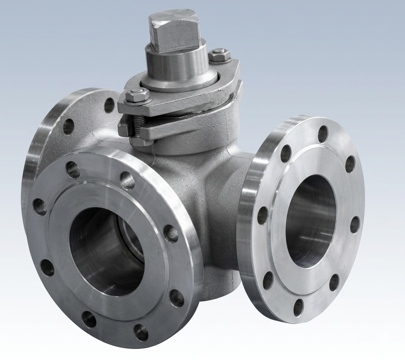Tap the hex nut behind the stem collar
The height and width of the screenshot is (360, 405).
click(219, 55)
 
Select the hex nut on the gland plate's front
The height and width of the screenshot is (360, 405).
click(137, 96)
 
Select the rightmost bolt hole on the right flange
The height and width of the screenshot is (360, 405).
click(355, 225)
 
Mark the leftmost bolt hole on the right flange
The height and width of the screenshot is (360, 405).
click(262, 215)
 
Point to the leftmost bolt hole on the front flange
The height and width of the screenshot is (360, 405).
click(40, 207)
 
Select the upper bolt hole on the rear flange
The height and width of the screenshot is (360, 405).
click(109, 105)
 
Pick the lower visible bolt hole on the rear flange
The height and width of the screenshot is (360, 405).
click(69, 127)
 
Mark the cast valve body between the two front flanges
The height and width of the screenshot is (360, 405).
click(217, 207)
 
